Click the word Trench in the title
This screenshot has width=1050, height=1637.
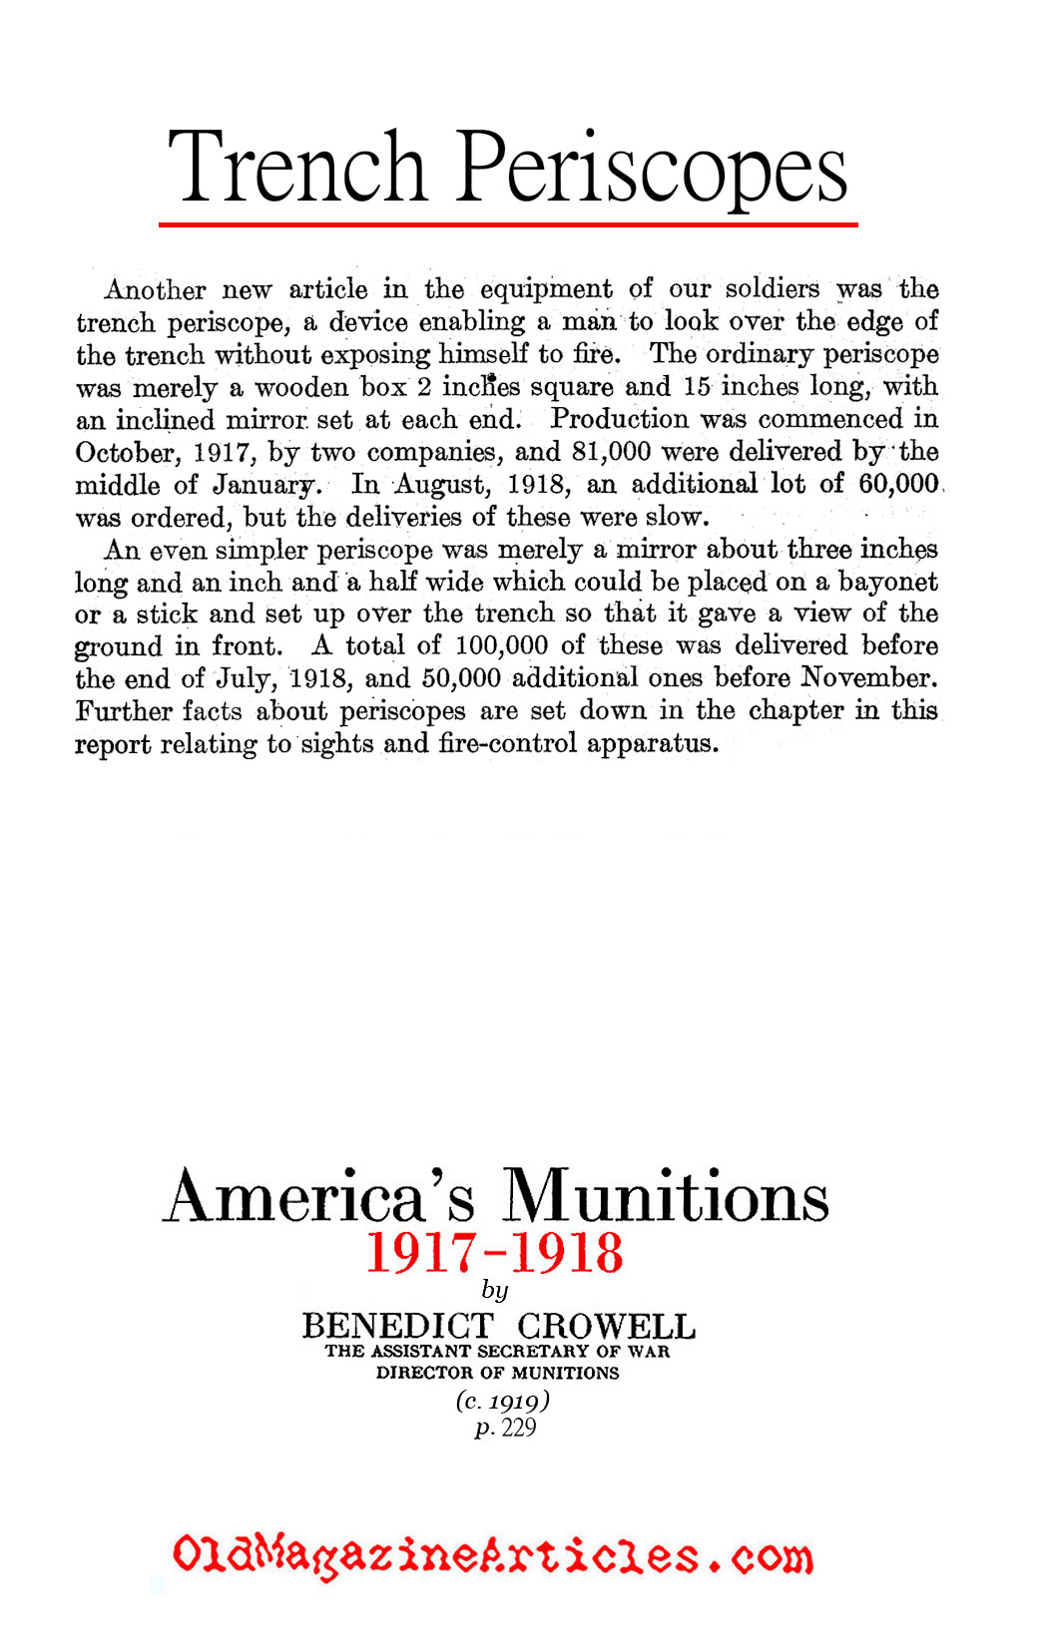pyautogui.click(x=296, y=167)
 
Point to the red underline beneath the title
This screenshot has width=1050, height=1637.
pyautogui.click(x=507, y=225)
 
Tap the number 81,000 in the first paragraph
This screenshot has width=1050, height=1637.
pyautogui.click(x=611, y=452)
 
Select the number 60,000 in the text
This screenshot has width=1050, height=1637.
pyautogui.click(x=897, y=484)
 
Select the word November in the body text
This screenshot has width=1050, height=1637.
pyautogui.click(x=868, y=678)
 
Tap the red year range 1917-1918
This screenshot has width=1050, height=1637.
pyautogui.click(x=495, y=1254)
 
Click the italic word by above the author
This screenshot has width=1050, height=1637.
pyautogui.click(x=495, y=1291)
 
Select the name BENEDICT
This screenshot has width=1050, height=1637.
pyautogui.click(x=397, y=1327)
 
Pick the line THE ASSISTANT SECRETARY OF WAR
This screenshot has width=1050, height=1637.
pyautogui.click(x=497, y=1352)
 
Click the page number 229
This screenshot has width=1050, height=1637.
pyautogui.click(x=519, y=1428)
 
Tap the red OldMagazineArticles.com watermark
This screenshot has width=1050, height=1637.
pyautogui.click(x=492, y=1556)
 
